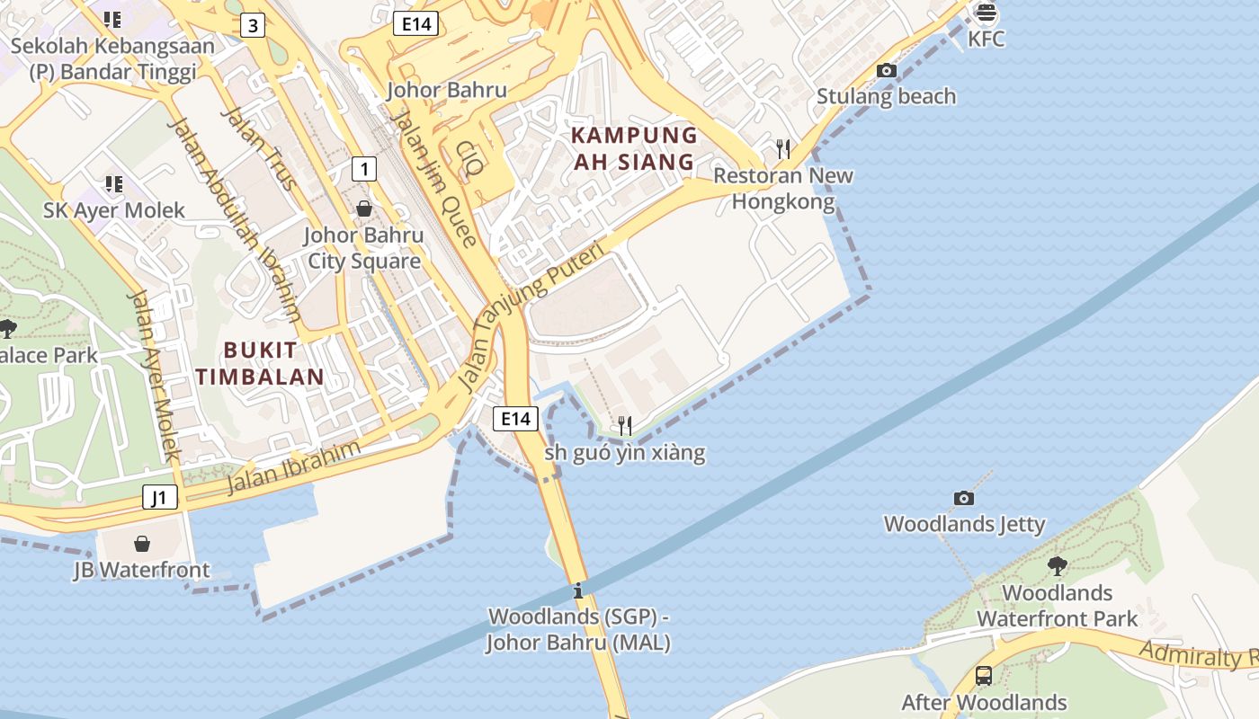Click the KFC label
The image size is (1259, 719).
tap(987, 40)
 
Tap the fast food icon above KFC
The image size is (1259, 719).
tap(987, 13)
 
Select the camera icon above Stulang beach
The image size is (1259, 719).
tap(886, 70)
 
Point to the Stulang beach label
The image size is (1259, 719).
tap(886, 96)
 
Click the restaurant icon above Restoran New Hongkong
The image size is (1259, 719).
tap(783, 148)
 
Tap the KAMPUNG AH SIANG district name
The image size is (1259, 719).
tap(634, 149)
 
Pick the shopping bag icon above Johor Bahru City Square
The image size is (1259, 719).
tap(363, 209)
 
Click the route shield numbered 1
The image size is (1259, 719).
tap(363, 168)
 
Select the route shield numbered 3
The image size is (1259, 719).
tap(253, 25)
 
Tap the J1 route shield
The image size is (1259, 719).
tap(159, 497)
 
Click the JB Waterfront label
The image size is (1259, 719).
tap(141, 570)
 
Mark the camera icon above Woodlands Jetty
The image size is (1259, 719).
tap(963, 498)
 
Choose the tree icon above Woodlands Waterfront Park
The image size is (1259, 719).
tap(1057, 565)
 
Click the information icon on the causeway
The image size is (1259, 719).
tap(578, 590)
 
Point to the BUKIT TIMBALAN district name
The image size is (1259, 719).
tap(260, 364)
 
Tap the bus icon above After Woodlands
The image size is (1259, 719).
tap(984, 675)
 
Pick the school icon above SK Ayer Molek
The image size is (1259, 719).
tap(113, 184)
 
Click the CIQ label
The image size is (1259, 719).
tap(470, 156)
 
